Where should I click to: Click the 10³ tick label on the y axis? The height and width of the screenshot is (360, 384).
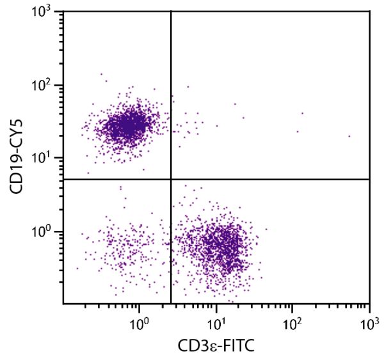click(x=45, y=15)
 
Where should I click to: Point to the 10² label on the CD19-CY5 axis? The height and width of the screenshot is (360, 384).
click(x=45, y=86)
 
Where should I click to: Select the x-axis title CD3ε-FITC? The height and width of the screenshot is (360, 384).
click(x=216, y=347)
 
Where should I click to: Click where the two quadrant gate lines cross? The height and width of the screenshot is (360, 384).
click(x=171, y=179)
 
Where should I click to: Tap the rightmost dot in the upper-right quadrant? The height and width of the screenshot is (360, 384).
click(x=349, y=136)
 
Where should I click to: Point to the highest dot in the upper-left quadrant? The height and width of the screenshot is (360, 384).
click(x=101, y=74)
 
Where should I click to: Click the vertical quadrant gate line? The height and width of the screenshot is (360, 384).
click(x=171, y=96)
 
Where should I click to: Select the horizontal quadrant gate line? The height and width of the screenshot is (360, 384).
click(x=269, y=179)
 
